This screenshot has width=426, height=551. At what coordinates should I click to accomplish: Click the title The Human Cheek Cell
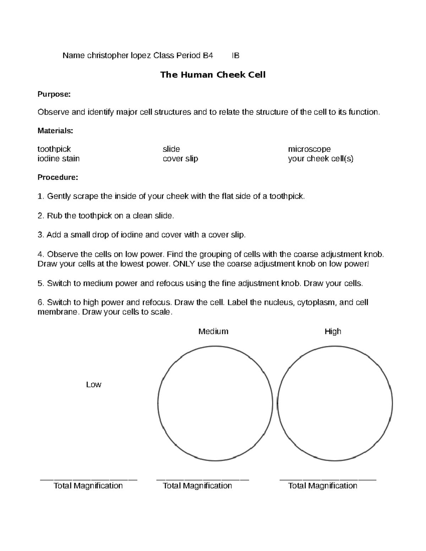click(213, 75)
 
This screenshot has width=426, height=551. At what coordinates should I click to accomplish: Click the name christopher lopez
click(119, 56)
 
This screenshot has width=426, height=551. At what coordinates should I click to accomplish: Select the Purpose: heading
click(54, 94)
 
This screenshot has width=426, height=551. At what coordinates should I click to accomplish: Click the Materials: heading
click(55, 131)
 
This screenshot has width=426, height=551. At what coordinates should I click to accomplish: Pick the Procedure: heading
click(58, 177)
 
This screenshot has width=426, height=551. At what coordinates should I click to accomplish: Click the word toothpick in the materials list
click(54, 149)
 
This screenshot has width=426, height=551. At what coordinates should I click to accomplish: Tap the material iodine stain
click(59, 159)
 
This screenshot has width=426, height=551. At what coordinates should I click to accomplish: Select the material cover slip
click(180, 159)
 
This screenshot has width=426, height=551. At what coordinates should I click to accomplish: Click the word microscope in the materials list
click(309, 149)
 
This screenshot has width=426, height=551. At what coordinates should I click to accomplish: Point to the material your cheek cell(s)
click(321, 159)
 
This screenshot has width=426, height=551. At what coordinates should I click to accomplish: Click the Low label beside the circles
click(94, 385)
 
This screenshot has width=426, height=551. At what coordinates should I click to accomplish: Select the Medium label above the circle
click(213, 331)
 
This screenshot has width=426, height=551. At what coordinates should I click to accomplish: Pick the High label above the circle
click(333, 331)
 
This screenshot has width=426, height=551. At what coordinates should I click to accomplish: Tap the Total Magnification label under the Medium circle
click(197, 486)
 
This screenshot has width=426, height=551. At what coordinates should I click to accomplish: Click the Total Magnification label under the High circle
click(323, 486)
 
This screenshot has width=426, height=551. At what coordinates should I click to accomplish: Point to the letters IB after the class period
click(235, 56)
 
